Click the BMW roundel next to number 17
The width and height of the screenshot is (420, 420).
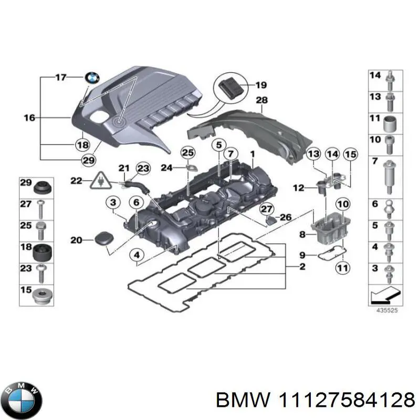(x=92, y=78)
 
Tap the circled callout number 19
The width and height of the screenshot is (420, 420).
(x=261, y=85)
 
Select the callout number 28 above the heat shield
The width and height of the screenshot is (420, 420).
(x=262, y=100)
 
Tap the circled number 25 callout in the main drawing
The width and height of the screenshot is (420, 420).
(x=187, y=152)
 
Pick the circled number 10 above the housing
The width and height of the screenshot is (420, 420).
(x=342, y=204)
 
